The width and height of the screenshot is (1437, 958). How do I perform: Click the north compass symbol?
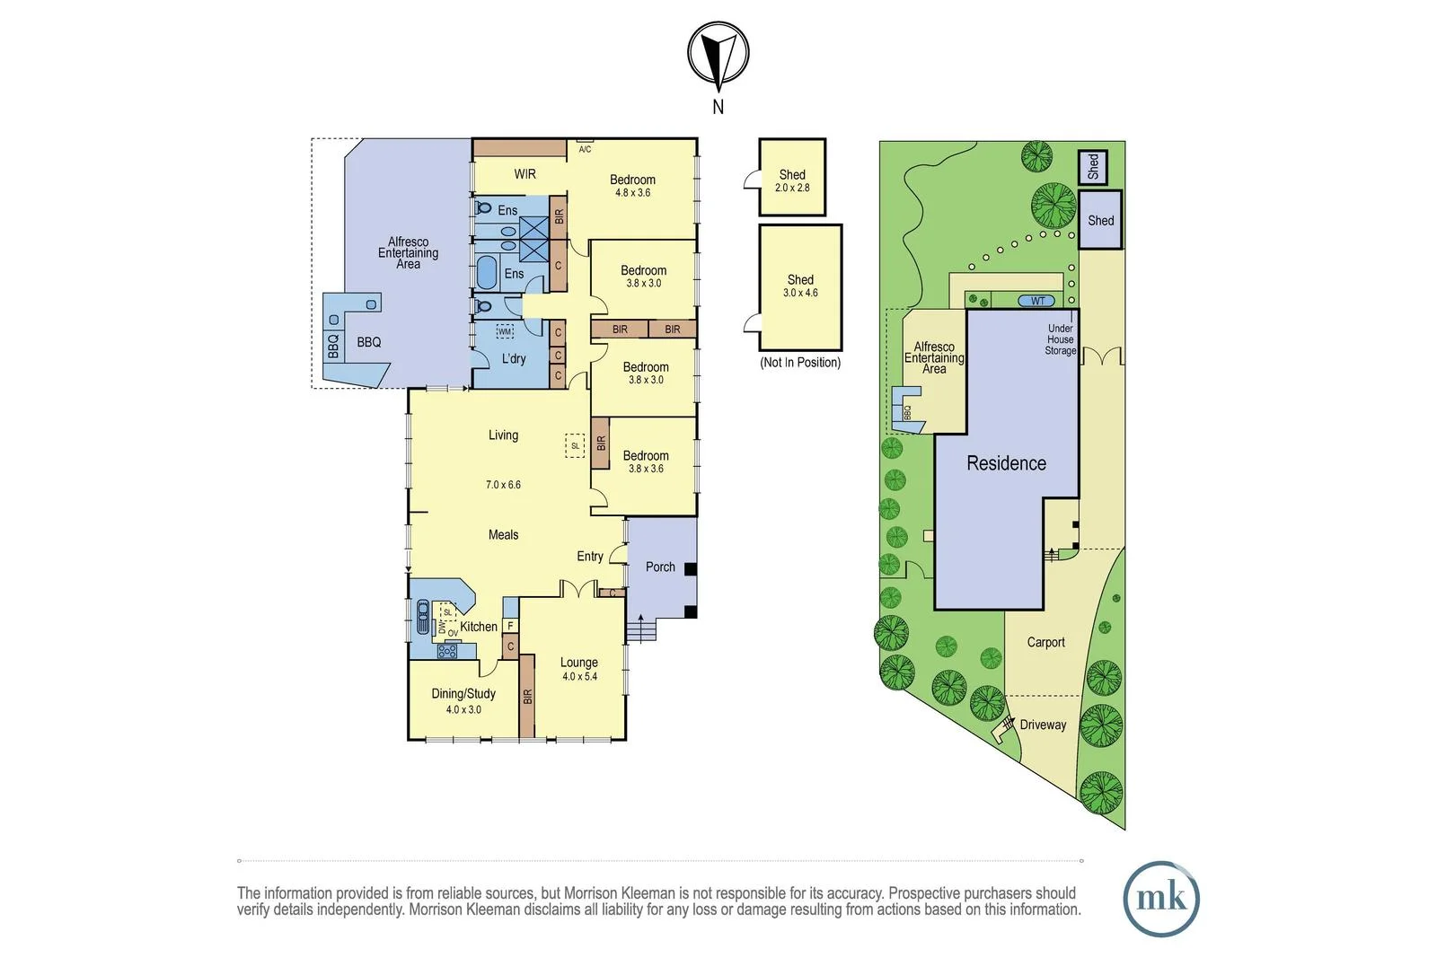click(x=718, y=56)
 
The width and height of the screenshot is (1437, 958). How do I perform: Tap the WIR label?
click(x=525, y=173)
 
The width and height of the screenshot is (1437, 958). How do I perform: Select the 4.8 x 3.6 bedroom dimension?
click(x=632, y=193)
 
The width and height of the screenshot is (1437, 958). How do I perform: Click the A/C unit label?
click(x=585, y=149)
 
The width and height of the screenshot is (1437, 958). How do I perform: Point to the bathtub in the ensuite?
click(x=487, y=270)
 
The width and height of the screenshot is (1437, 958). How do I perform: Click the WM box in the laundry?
click(x=505, y=331)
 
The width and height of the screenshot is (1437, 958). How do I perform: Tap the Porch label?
click(x=660, y=567)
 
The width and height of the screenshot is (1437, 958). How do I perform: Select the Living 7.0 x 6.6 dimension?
click(x=503, y=485)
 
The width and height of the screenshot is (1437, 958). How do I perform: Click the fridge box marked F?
click(x=510, y=626)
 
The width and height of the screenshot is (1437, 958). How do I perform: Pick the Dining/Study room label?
click(x=463, y=693)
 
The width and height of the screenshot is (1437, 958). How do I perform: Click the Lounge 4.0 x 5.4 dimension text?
click(x=579, y=677)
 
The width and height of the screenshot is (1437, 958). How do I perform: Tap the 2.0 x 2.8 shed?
click(x=792, y=178)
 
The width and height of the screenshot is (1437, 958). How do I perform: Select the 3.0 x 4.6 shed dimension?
click(x=800, y=293)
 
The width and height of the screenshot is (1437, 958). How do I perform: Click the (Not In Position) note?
click(x=800, y=363)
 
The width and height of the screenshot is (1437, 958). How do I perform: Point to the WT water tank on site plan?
click(x=1037, y=301)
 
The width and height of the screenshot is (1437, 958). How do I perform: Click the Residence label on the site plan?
click(x=1006, y=463)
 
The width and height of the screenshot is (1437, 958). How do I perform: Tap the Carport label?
click(x=1045, y=642)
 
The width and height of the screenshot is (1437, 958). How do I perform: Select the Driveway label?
click(x=1043, y=725)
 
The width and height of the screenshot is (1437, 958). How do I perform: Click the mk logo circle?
click(x=1160, y=899)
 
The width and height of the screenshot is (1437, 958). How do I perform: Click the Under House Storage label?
click(x=1060, y=339)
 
